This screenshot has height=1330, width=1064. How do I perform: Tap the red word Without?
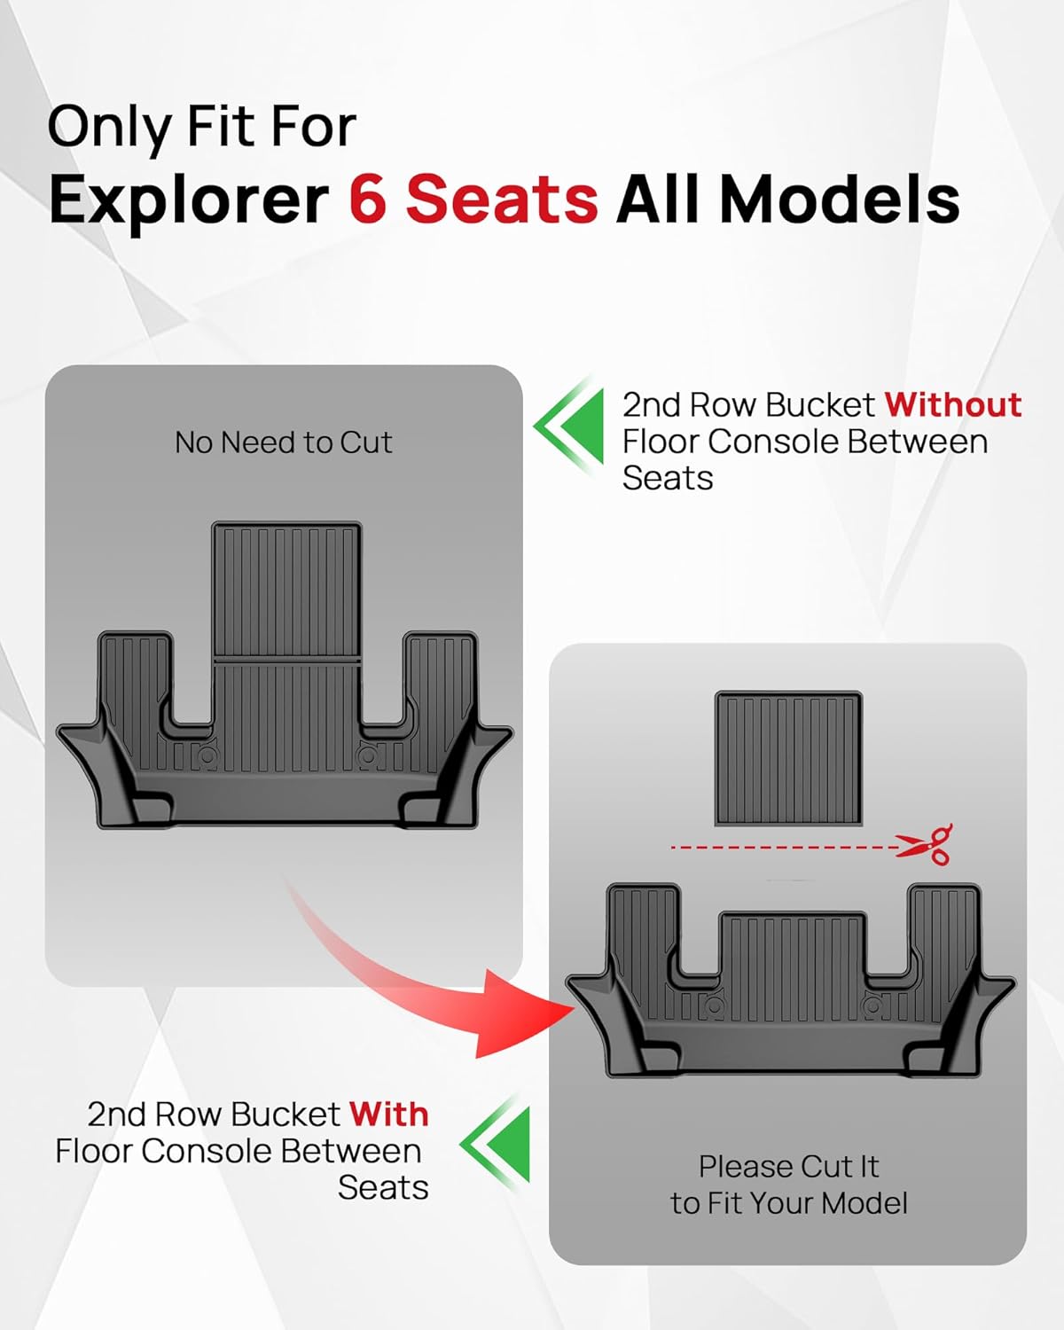click(952, 404)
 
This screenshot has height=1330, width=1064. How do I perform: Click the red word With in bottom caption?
click(388, 1114)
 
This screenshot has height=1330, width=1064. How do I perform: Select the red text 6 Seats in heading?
click(473, 199)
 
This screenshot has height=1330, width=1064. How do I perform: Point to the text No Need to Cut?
click(283, 442)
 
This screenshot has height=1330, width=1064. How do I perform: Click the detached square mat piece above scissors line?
click(788, 758)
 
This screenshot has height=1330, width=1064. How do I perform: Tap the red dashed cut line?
click(780, 848)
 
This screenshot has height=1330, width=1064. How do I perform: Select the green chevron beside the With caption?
click(497, 1144)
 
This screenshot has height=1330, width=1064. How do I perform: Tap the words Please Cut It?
click(788, 1166)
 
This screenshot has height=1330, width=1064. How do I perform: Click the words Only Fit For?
click(201, 126)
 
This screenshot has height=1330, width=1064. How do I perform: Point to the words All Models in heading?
click(787, 199)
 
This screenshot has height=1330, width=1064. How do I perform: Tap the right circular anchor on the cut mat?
click(873, 1006)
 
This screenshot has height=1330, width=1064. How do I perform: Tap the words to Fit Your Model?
click(788, 1203)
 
